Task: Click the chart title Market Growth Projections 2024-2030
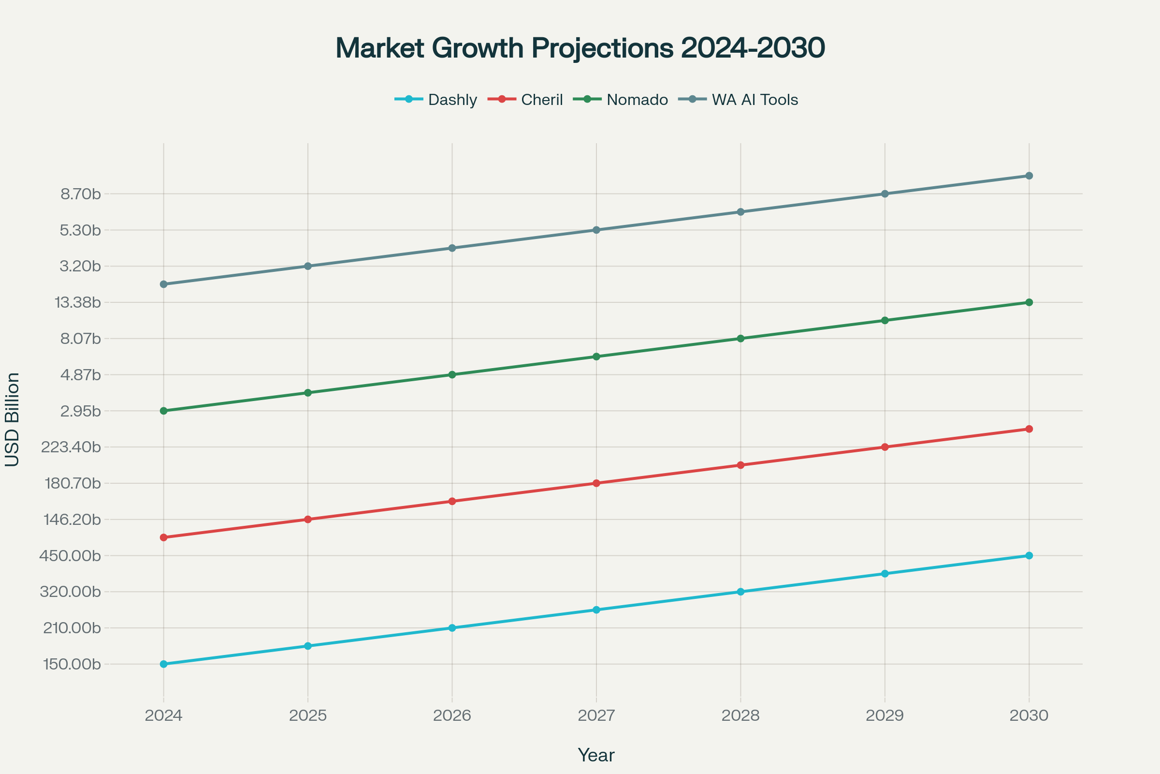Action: [x=580, y=48]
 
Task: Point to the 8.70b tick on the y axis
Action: [x=80, y=194]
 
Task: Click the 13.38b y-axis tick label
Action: [x=77, y=303]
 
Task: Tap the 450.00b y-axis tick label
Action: [x=70, y=556]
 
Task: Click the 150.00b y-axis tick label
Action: [x=72, y=664]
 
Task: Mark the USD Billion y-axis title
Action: [x=12, y=419]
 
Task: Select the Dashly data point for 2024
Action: [x=164, y=664]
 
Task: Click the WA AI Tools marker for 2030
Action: [x=1029, y=176]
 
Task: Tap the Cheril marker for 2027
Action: [x=596, y=483]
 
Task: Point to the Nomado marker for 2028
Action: [x=740, y=339]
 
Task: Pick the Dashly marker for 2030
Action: [x=1029, y=556]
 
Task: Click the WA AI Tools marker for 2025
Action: [x=308, y=266]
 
